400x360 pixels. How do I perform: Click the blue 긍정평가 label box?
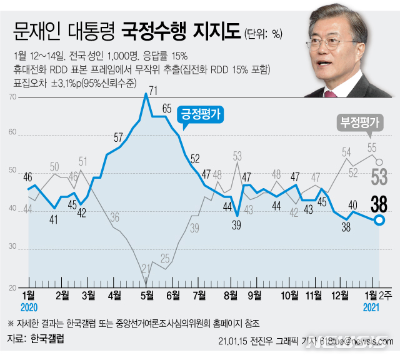(x=202, y=115)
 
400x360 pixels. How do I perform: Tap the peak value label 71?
(x=153, y=91)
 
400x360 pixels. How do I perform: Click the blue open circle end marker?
(x=379, y=220)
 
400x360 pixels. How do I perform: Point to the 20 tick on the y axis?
(x=13, y=288)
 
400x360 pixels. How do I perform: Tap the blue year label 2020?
(x=29, y=308)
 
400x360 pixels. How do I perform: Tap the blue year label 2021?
(x=373, y=308)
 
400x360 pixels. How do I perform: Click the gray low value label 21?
(x=146, y=269)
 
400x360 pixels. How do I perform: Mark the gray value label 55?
(x=372, y=147)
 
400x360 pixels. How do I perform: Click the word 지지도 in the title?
(x=216, y=29)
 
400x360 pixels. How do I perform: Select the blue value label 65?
(x=167, y=108)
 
